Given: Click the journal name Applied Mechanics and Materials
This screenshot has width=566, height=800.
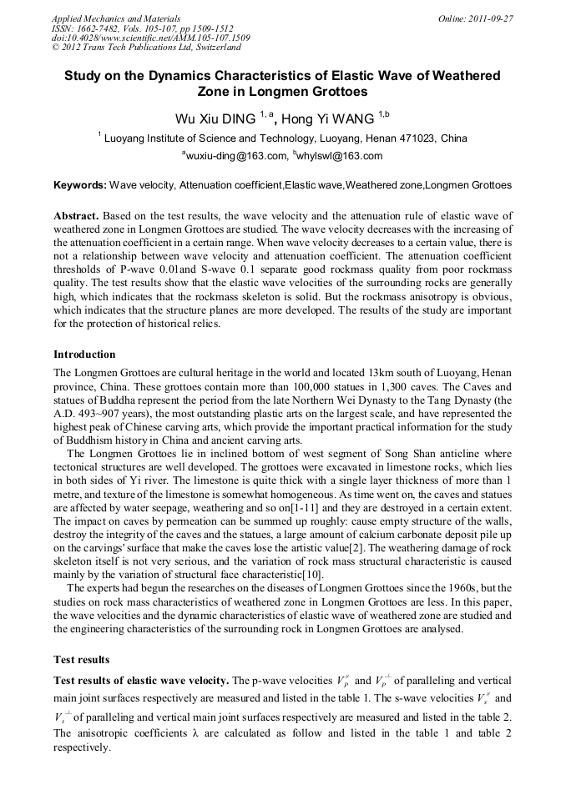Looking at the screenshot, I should point(116,18).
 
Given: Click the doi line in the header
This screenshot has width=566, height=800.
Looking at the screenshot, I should point(150,38).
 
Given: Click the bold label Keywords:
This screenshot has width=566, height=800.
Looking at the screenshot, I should point(80,184).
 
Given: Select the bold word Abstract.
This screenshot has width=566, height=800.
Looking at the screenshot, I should point(77,215).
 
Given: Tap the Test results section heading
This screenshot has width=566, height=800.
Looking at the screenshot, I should point(82,659).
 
